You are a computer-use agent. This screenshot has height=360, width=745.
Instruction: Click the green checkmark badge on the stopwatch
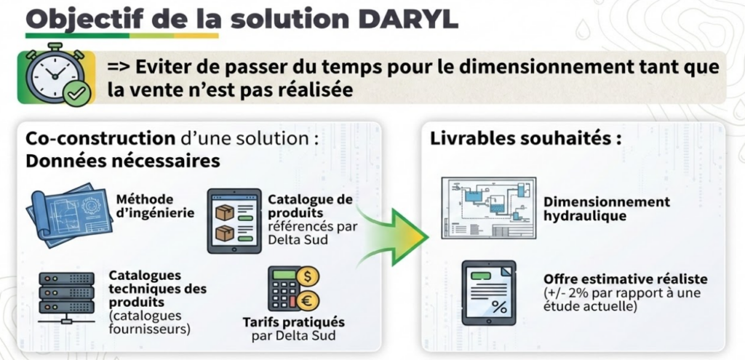pyautogui.click(x=76, y=95)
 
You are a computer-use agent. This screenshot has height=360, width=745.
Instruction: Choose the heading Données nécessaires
pyautogui.click(x=122, y=161)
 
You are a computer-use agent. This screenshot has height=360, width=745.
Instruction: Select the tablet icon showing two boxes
pyautogui.click(x=234, y=220)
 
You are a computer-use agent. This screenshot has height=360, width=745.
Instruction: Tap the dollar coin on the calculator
pyautogui.click(x=308, y=276)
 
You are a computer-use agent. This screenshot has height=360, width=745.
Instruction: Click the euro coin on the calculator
pyautogui.click(x=308, y=300)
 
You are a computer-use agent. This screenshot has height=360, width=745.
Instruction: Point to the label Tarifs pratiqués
pyautogui.click(x=293, y=322)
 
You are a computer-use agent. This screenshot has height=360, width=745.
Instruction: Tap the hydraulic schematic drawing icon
pyautogui.click(x=488, y=207)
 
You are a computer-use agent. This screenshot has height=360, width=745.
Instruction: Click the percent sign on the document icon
pyautogui.click(x=499, y=308)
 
